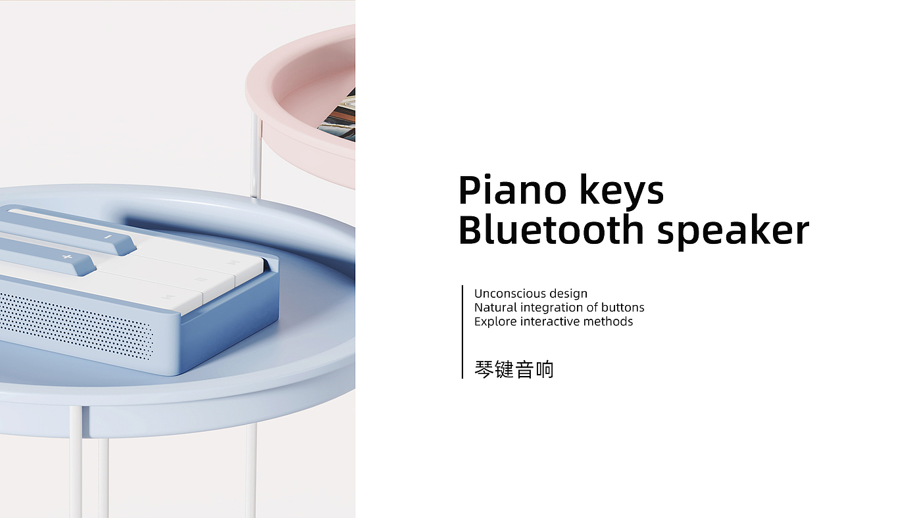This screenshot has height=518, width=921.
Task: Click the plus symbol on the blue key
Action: point(67,257)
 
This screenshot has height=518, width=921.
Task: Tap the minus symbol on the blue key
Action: point(108,237)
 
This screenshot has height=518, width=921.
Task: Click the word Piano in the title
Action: point(512,190)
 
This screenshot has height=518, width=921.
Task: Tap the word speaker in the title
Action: point(733,232)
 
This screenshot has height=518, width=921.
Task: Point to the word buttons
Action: point(622,307)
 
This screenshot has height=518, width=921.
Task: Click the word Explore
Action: point(495,321)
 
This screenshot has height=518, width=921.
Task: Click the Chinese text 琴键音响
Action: point(514,369)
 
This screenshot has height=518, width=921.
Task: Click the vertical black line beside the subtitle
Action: point(462,332)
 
